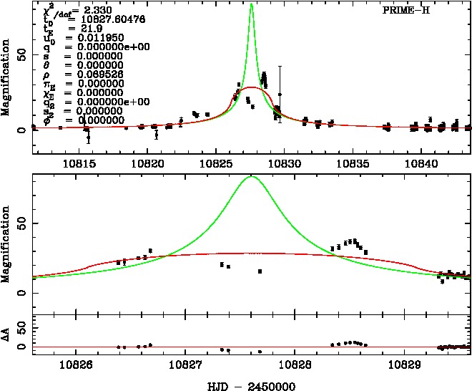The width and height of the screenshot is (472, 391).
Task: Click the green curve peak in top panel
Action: click(x=251, y=4)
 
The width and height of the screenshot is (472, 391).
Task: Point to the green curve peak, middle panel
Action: click(x=251, y=176)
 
